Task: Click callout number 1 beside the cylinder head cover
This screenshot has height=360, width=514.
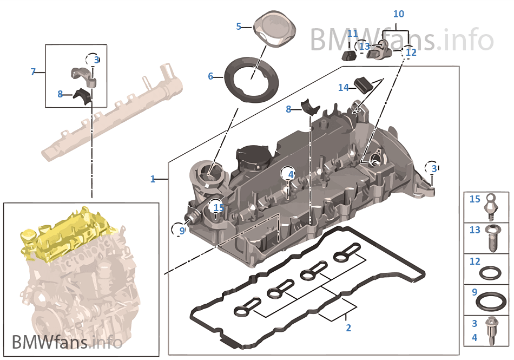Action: click(x=153, y=179)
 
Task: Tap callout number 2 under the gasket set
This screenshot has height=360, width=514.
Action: click(x=348, y=328)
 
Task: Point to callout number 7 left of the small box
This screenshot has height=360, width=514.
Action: click(x=33, y=71)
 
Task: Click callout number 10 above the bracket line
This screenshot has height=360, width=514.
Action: click(x=398, y=14)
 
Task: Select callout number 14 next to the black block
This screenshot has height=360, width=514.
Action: click(x=344, y=87)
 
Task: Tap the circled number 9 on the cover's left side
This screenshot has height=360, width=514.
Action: click(x=182, y=231)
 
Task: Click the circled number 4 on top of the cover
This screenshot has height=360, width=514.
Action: click(x=291, y=174)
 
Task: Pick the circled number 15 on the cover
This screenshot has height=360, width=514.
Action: click(x=219, y=207)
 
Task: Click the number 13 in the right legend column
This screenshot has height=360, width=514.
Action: click(x=475, y=230)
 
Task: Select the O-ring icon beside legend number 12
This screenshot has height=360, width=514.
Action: click(x=493, y=270)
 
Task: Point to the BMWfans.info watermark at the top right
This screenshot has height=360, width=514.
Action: click(x=401, y=39)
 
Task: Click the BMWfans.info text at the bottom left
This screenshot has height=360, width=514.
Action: click(x=67, y=342)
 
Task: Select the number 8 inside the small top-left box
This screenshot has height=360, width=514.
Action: click(x=61, y=94)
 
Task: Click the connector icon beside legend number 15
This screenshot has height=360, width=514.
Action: click(x=493, y=206)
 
